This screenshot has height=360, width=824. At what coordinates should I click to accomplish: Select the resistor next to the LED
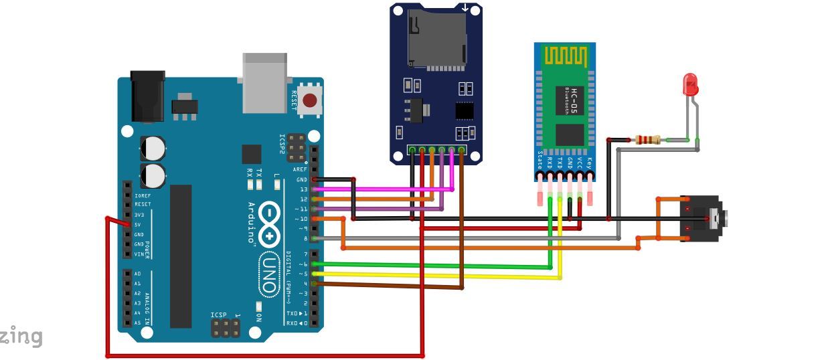tap(647, 140)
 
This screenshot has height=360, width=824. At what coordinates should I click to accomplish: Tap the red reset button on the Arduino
tap(310, 101)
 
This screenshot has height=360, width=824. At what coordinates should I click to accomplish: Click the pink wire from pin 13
tap(388, 189)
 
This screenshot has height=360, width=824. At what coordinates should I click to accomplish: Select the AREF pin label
tap(299, 170)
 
